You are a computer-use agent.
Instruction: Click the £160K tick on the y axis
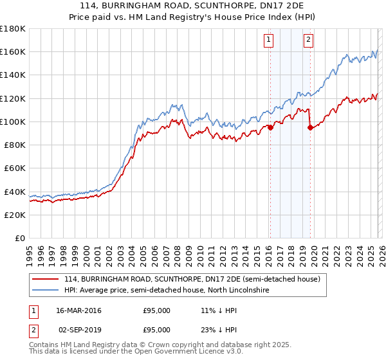[x=13, y=51]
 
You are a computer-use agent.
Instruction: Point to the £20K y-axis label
[x=15, y=215]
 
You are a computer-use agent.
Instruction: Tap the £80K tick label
[x=15, y=145]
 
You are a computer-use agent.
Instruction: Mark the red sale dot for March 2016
[x=270, y=127]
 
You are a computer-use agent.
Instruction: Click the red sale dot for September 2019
[x=310, y=127]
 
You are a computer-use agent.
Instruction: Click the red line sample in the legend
[x=46, y=279]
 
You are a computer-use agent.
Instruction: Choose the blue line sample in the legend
[x=46, y=291]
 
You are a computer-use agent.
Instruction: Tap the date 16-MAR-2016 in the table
[x=78, y=310]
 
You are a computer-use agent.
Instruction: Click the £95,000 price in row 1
[x=156, y=310]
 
